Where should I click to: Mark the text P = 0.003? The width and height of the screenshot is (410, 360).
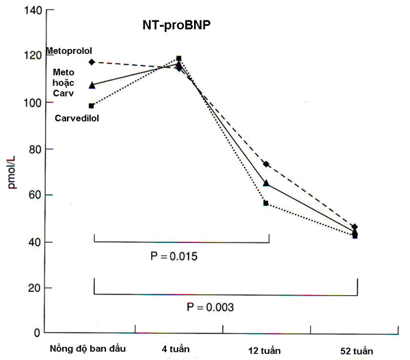[210, 308]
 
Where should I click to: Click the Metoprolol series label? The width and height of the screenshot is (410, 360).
[69, 51]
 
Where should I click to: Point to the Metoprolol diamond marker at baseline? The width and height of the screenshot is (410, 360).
[92, 62]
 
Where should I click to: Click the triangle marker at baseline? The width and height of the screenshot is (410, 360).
[92, 85]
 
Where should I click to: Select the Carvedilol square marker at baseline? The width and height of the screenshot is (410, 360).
[92, 105]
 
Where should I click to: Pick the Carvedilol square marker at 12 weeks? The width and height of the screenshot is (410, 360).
[266, 203]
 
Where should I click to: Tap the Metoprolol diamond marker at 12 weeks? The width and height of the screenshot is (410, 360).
[266, 164]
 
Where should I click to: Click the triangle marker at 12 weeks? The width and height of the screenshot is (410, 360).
[266, 183]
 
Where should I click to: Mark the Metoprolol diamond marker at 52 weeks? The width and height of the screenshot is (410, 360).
[355, 227]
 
